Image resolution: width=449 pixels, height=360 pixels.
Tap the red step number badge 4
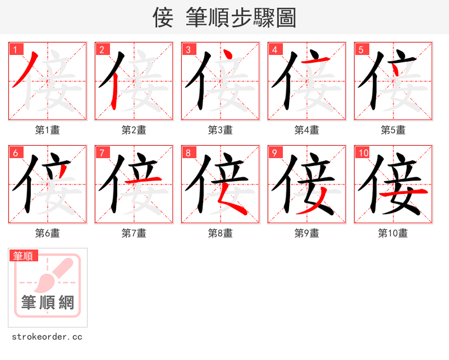click(x=274, y=49)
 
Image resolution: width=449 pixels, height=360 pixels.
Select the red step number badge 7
click(x=102, y=153)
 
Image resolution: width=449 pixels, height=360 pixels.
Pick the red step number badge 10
click(x=363, y=153)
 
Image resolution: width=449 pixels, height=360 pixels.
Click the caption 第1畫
click(x=47, y=130)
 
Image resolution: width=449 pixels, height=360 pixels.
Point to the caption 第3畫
click(x=220, y=130)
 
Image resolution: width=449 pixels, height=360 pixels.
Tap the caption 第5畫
click(x=393, y=130)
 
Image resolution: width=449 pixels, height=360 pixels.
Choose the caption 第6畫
click(x=47, y=233)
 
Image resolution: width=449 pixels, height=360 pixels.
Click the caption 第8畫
click(x=220, y=233)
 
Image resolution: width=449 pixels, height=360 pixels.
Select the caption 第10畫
click(x=393, y=233)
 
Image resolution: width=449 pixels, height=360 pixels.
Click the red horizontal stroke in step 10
click(x=404, y=192)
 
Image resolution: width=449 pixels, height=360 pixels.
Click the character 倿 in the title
click(x=163, y=18)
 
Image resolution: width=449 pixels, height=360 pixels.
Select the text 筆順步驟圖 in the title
click(x=240, y=18)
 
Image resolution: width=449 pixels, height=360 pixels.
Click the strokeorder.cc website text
click(x=47, y=337)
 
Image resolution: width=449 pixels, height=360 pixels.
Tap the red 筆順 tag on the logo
click(x=24, y=256)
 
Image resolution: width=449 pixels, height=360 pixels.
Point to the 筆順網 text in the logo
click(x=48, y=303)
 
